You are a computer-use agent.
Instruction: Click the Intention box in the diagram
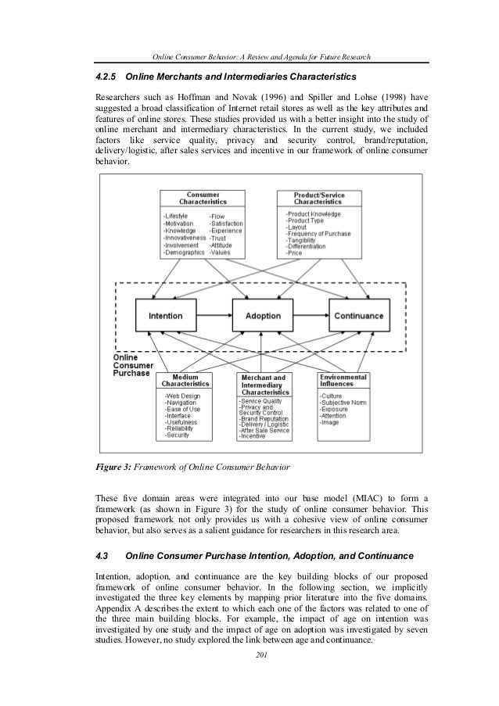[x=166, y=316]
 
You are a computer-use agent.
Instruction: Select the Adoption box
[x=263, y=316]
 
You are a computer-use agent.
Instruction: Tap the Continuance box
[x=358, y=316]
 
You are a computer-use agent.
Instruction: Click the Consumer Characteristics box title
[x=202, y=198]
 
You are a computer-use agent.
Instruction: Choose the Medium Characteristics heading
[x=185, y=381]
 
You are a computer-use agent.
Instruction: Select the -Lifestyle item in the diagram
[x=177, y=215]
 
